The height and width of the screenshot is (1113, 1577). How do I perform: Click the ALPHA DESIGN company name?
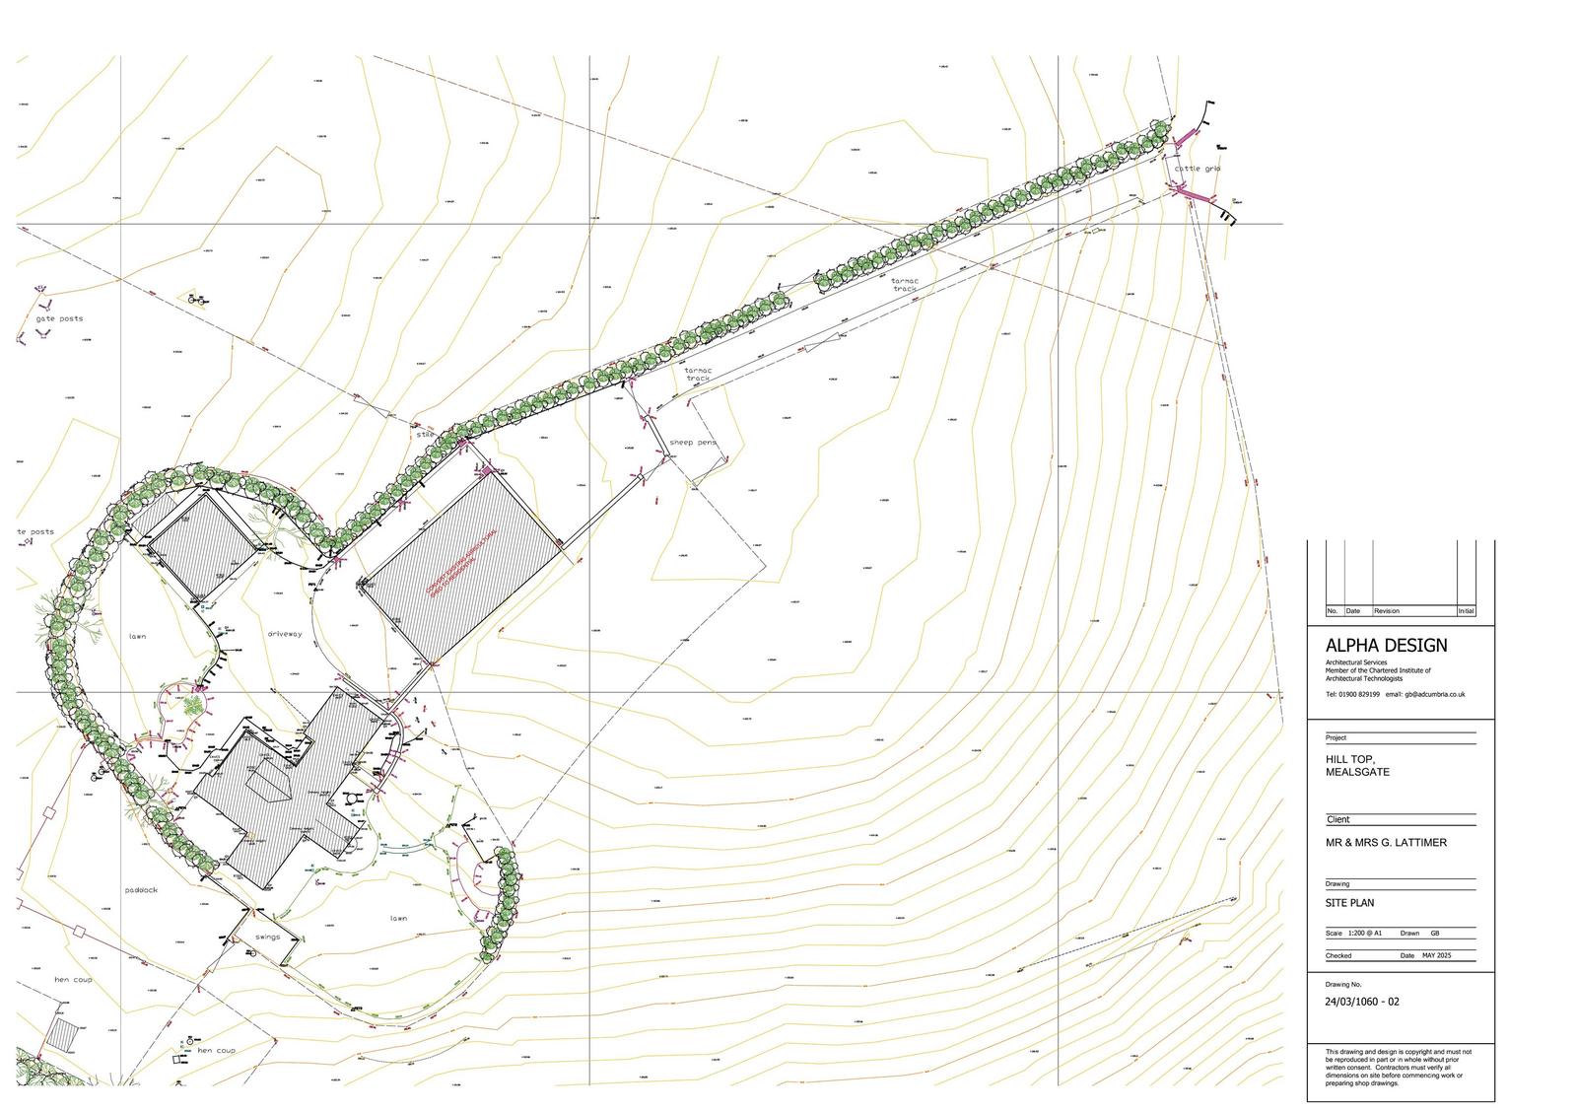1387,646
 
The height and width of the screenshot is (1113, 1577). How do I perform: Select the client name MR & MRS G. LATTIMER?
1387,843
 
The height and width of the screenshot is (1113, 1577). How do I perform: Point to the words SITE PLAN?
1350,903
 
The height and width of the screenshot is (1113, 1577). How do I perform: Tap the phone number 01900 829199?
1359,694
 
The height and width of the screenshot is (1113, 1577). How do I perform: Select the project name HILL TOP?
1349,759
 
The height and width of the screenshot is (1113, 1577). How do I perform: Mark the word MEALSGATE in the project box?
1358,772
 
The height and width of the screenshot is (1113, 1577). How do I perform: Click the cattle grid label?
1197,169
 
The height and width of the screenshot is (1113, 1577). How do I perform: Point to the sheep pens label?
693,443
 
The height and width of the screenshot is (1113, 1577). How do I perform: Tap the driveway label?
284,634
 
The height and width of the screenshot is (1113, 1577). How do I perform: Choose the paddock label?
142,890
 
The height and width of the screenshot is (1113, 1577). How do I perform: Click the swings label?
268,937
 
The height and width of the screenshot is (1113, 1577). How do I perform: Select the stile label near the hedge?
425,433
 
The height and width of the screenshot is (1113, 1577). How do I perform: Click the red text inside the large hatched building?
461,562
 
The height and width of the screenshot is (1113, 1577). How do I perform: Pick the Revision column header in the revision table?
1386,611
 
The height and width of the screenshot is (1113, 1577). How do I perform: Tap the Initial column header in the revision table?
1466,611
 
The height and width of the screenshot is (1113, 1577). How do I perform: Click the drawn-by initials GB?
1434,933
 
